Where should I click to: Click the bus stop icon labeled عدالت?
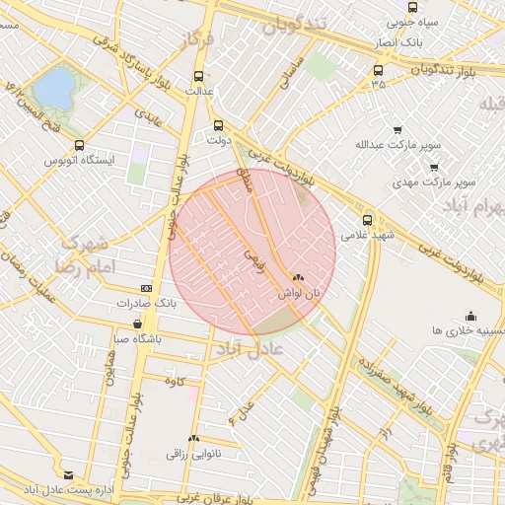(x=199, y=75)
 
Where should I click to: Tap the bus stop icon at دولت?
(x=219, y=125)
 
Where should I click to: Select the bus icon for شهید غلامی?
(x=368, y=220)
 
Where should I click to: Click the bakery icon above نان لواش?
(x=298, y=278)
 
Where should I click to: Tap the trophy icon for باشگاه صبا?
(x=149, y=322)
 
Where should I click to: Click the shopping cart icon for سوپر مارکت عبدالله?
(x=397, y=130)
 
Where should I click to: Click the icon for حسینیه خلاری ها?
(x=470, y=317)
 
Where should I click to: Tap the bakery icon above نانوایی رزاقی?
(x=194, y=437)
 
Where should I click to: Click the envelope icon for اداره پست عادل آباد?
(x=67, y=474)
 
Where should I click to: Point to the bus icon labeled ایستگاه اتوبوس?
(x=79, y=145)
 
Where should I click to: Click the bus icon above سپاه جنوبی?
(x=412, y=6)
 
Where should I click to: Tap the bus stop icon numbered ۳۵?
(x=378, y=70)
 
